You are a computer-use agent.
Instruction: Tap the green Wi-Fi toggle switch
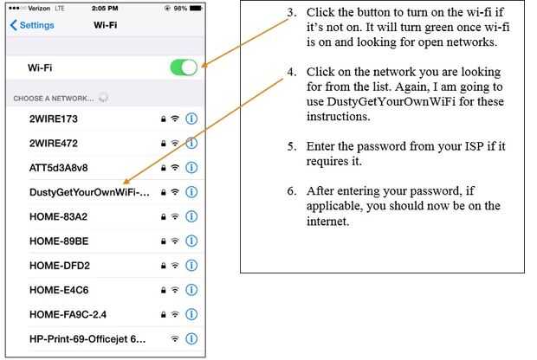[184, 67]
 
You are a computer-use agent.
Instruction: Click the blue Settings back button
[32, 25]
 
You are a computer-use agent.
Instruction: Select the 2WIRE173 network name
[54, 119]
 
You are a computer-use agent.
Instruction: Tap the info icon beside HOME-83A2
[191, 216]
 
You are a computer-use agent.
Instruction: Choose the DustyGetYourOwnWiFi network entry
[89, 192]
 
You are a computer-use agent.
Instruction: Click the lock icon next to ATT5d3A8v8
[164, 168]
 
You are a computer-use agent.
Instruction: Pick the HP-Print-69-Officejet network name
[87, 339]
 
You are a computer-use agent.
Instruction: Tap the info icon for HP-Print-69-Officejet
[191, 338]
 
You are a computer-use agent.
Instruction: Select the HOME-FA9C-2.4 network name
[68, 314]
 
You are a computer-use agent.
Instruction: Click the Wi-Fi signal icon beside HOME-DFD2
[175, 265]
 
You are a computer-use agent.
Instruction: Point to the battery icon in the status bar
[197, 8]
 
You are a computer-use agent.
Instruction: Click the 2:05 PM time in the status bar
[105, 8]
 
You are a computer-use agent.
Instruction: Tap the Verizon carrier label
[39, 8]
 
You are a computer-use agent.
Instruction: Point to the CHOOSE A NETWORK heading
[54, 99]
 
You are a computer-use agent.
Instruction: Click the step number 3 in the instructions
[292, 12]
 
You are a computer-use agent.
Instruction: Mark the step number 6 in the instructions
[292, 191]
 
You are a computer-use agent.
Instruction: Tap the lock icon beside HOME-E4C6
[164, 290]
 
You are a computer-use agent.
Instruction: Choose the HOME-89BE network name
[59, 241]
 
